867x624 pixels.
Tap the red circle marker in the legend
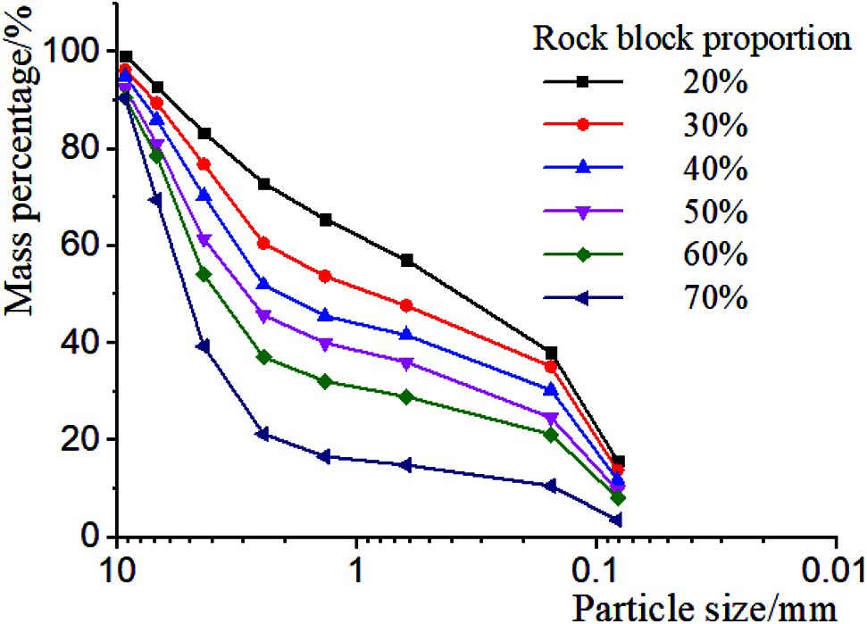(x=582, y=124)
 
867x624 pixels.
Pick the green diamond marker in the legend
(x=582, y=254)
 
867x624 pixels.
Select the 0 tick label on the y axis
(x=100, y=537)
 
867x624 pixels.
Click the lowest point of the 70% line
(x=615, y=520)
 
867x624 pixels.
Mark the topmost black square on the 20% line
(x=126, y=57)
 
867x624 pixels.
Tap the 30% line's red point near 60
(x=263, y=243)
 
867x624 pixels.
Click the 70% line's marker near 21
(x=263, y=434)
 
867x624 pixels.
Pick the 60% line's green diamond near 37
(x=263, y=357)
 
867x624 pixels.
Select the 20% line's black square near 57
(x=407, y=260)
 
